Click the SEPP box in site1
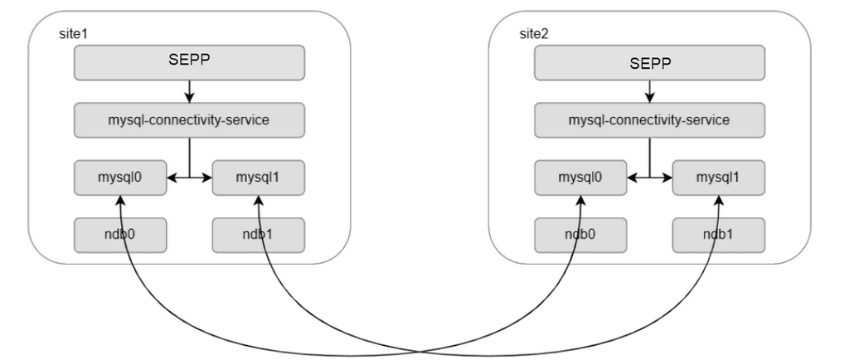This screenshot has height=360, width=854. (x=190, y=62)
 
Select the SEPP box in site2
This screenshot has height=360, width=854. (x=649, y=62)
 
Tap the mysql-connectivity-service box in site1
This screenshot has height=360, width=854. (x=190, y=119)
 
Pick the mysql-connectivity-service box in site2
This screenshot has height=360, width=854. (x=649, y=119)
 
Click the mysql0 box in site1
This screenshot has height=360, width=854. (x=120, y=177)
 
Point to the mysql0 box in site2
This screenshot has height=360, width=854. (x=580, y=177)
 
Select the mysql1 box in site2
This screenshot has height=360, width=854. (x=719, y=177)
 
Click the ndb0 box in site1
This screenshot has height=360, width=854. (x=120, y=235)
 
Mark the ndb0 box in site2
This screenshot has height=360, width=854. (x=580, y=235)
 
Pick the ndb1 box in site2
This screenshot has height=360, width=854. (x=719, y=235)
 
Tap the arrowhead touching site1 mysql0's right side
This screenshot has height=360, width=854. (x=172, y=177)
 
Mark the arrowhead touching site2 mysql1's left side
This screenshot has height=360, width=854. (x=667, y=177)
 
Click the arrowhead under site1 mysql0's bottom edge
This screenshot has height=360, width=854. (x=120, y=200)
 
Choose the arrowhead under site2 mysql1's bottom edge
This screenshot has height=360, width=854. (x=719, y=200)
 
